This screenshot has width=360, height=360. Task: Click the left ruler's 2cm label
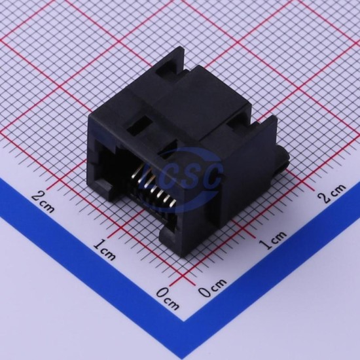tap(43, 202)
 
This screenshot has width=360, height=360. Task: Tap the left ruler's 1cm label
tap(104, 249)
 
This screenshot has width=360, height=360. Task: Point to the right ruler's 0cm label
tap(212, 288)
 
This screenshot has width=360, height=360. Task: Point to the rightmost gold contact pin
tap(173, 203)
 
